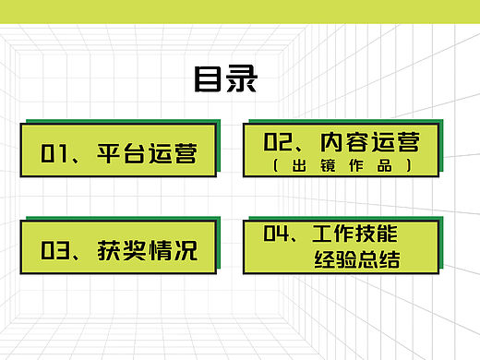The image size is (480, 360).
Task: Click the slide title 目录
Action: tap(225, 79)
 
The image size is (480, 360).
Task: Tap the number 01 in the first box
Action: tap(54, 152)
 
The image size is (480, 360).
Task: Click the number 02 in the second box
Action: tap(278, 142)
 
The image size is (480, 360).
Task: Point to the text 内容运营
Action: tap(369, 142)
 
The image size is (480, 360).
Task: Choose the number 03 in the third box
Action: tap(55, 250)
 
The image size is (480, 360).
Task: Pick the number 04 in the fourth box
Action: tap(278, 234)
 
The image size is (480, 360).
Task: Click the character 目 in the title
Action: tap(209, 79)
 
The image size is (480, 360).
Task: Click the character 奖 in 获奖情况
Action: tap(135, 250)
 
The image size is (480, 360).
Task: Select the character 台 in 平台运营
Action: tap(134, 152)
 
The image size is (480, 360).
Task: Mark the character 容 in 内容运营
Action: tap(356, 142)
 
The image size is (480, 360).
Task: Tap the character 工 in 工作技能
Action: tap(323, 234)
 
